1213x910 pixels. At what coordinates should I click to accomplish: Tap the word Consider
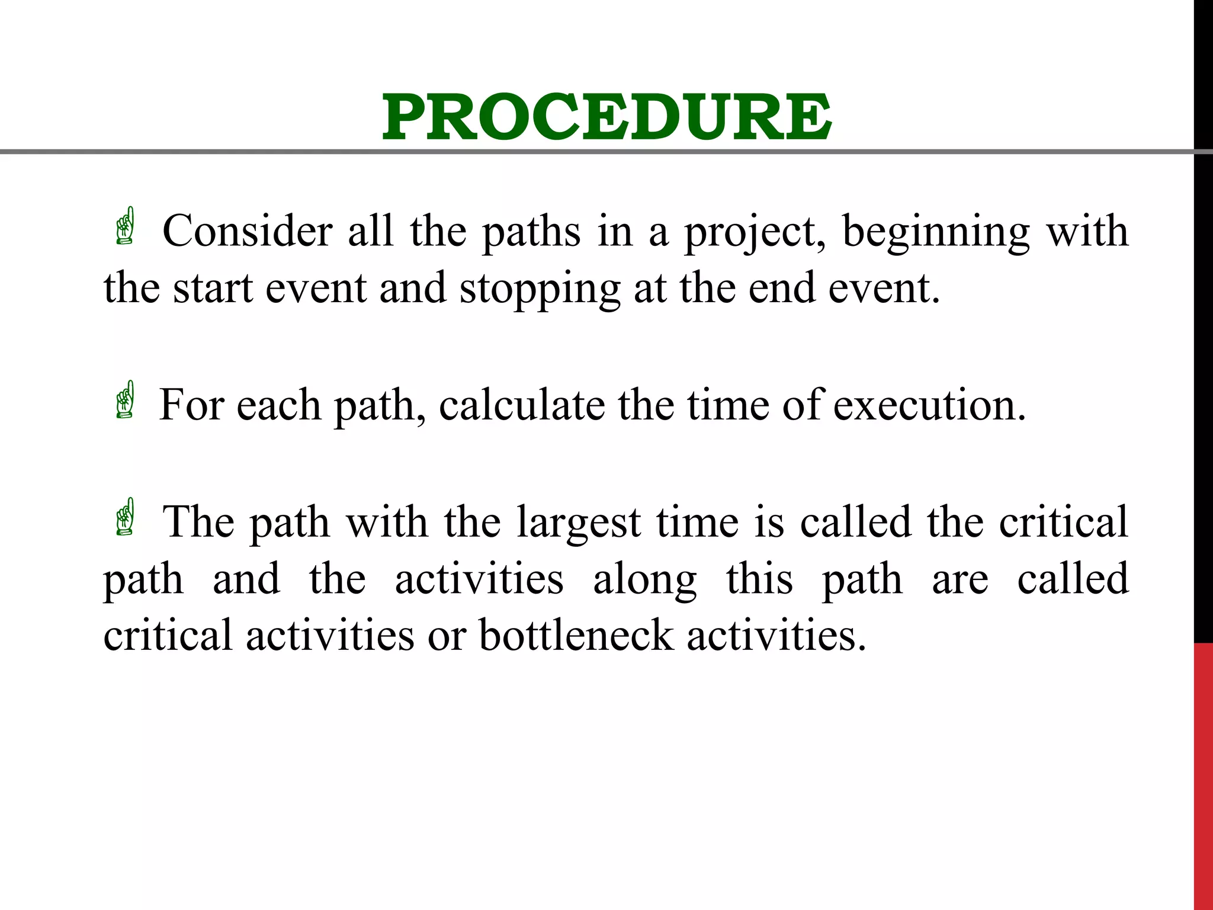247,230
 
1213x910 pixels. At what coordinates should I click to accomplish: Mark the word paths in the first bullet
531,232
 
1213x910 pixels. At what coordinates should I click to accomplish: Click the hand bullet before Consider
126,226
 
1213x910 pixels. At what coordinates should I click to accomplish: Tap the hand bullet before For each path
126,400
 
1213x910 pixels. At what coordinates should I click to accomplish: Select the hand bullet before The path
126,517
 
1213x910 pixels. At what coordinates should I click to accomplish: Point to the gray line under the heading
592,152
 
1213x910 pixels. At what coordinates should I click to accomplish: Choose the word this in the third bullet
759,579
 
